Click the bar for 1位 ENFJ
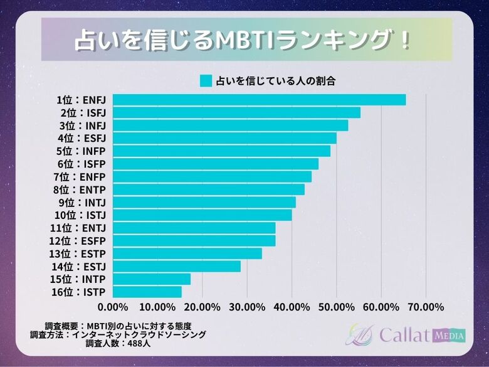(x=259, y=100)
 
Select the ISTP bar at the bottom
(x=147, y=292)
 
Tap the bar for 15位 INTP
(x=152, y=279)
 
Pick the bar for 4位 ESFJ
(x=224, y=138)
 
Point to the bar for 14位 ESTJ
(x=177, y=266)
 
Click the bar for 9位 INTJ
(x=204, y=202)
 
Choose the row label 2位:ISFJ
(x=83, y=113)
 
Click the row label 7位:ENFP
(x=80, y=177)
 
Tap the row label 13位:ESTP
(x=78, y=253)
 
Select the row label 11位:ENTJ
(x=78, y=228)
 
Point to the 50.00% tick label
(x=336, y=307)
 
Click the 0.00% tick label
(x=113, y=307)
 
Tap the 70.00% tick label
(x=426, y=307)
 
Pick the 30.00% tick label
(x=247, y=307)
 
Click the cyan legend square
(x=206, y=81)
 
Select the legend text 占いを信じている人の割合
(x=276, y=81)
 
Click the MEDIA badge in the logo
(x=449, y=336)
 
